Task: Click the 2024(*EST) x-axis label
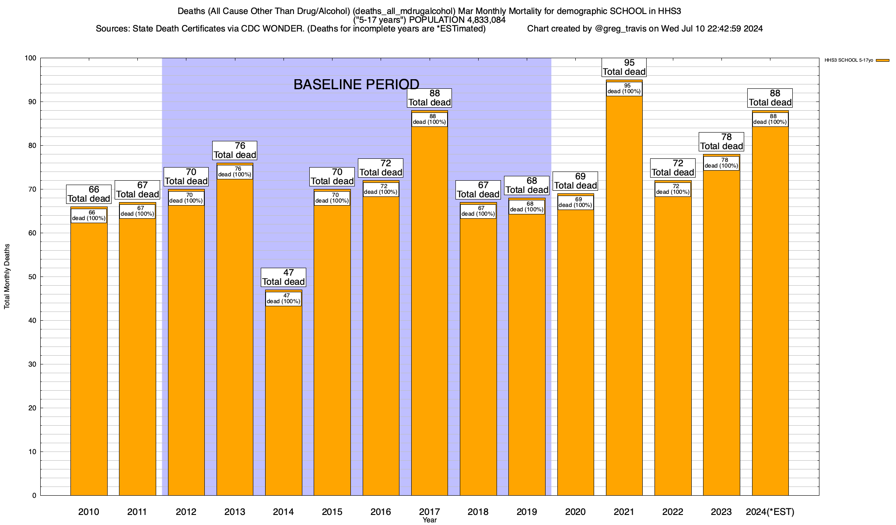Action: click(x=770, y=511)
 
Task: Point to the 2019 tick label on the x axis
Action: click(x=527, y=511)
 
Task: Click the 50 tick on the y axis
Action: click(x=33, y=277)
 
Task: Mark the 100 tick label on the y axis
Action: click(x=31, y=58)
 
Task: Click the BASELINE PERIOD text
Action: click(x=356, y=84)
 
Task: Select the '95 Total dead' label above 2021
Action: click(x=624, y=67)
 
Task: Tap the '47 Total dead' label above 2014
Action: click(x=283, y=277)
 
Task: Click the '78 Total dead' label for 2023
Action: click(x=722, y=142)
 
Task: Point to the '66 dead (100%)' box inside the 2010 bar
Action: click(x=89, y=216)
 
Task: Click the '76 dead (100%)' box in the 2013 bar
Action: click(x=235, y=172)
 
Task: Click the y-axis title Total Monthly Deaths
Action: click(x=7, y=276)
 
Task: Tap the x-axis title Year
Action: click(x=430, y=520)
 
